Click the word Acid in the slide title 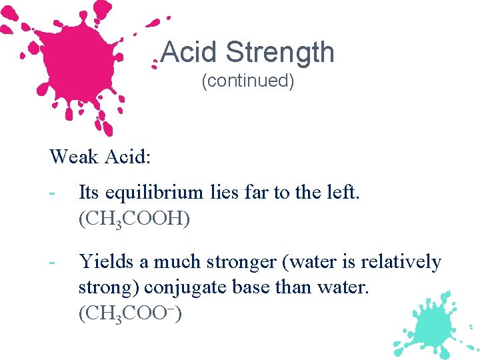pos(191,52)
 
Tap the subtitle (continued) pos(247,81)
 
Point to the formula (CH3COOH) pos(134,219)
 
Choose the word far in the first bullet pos(258,193)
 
